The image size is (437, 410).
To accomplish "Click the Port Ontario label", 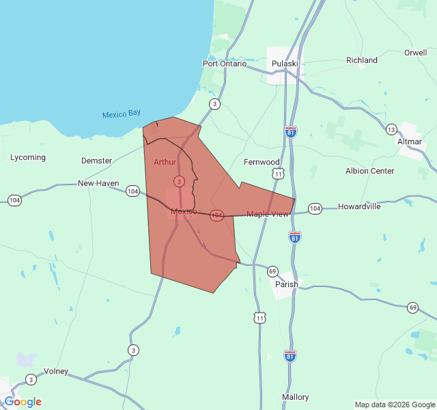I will tap(224, 64).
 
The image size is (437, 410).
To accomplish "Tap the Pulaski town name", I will tap(285, 64).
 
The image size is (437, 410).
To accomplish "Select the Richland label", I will tap(362, 60).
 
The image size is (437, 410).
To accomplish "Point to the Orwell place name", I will tap(415, 53).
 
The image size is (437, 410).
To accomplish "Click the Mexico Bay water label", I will tap(121, 114).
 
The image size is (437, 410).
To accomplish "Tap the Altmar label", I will tap(410, 141).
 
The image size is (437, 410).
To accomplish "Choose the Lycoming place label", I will tap(28, 157).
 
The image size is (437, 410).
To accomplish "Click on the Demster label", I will tap(96, 161).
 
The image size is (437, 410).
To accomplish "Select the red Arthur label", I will tap(165, 162).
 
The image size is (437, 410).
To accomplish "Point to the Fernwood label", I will tap(262, 162).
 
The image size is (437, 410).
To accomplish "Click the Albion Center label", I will tap(370, 171).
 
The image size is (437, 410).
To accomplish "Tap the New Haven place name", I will tap(98, 183).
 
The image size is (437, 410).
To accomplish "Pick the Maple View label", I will tap(268, 214).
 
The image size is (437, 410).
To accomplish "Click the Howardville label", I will tap(359, 206).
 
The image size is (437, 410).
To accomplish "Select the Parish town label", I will tap(287, 284).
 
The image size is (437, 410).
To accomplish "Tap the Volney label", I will tap(56, 371).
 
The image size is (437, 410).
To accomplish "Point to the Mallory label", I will tap(296, 397).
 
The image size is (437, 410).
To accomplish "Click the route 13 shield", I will tap(391, 129).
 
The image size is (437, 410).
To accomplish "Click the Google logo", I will tap(23, 402).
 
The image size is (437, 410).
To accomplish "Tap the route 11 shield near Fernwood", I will tap(278, 174).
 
